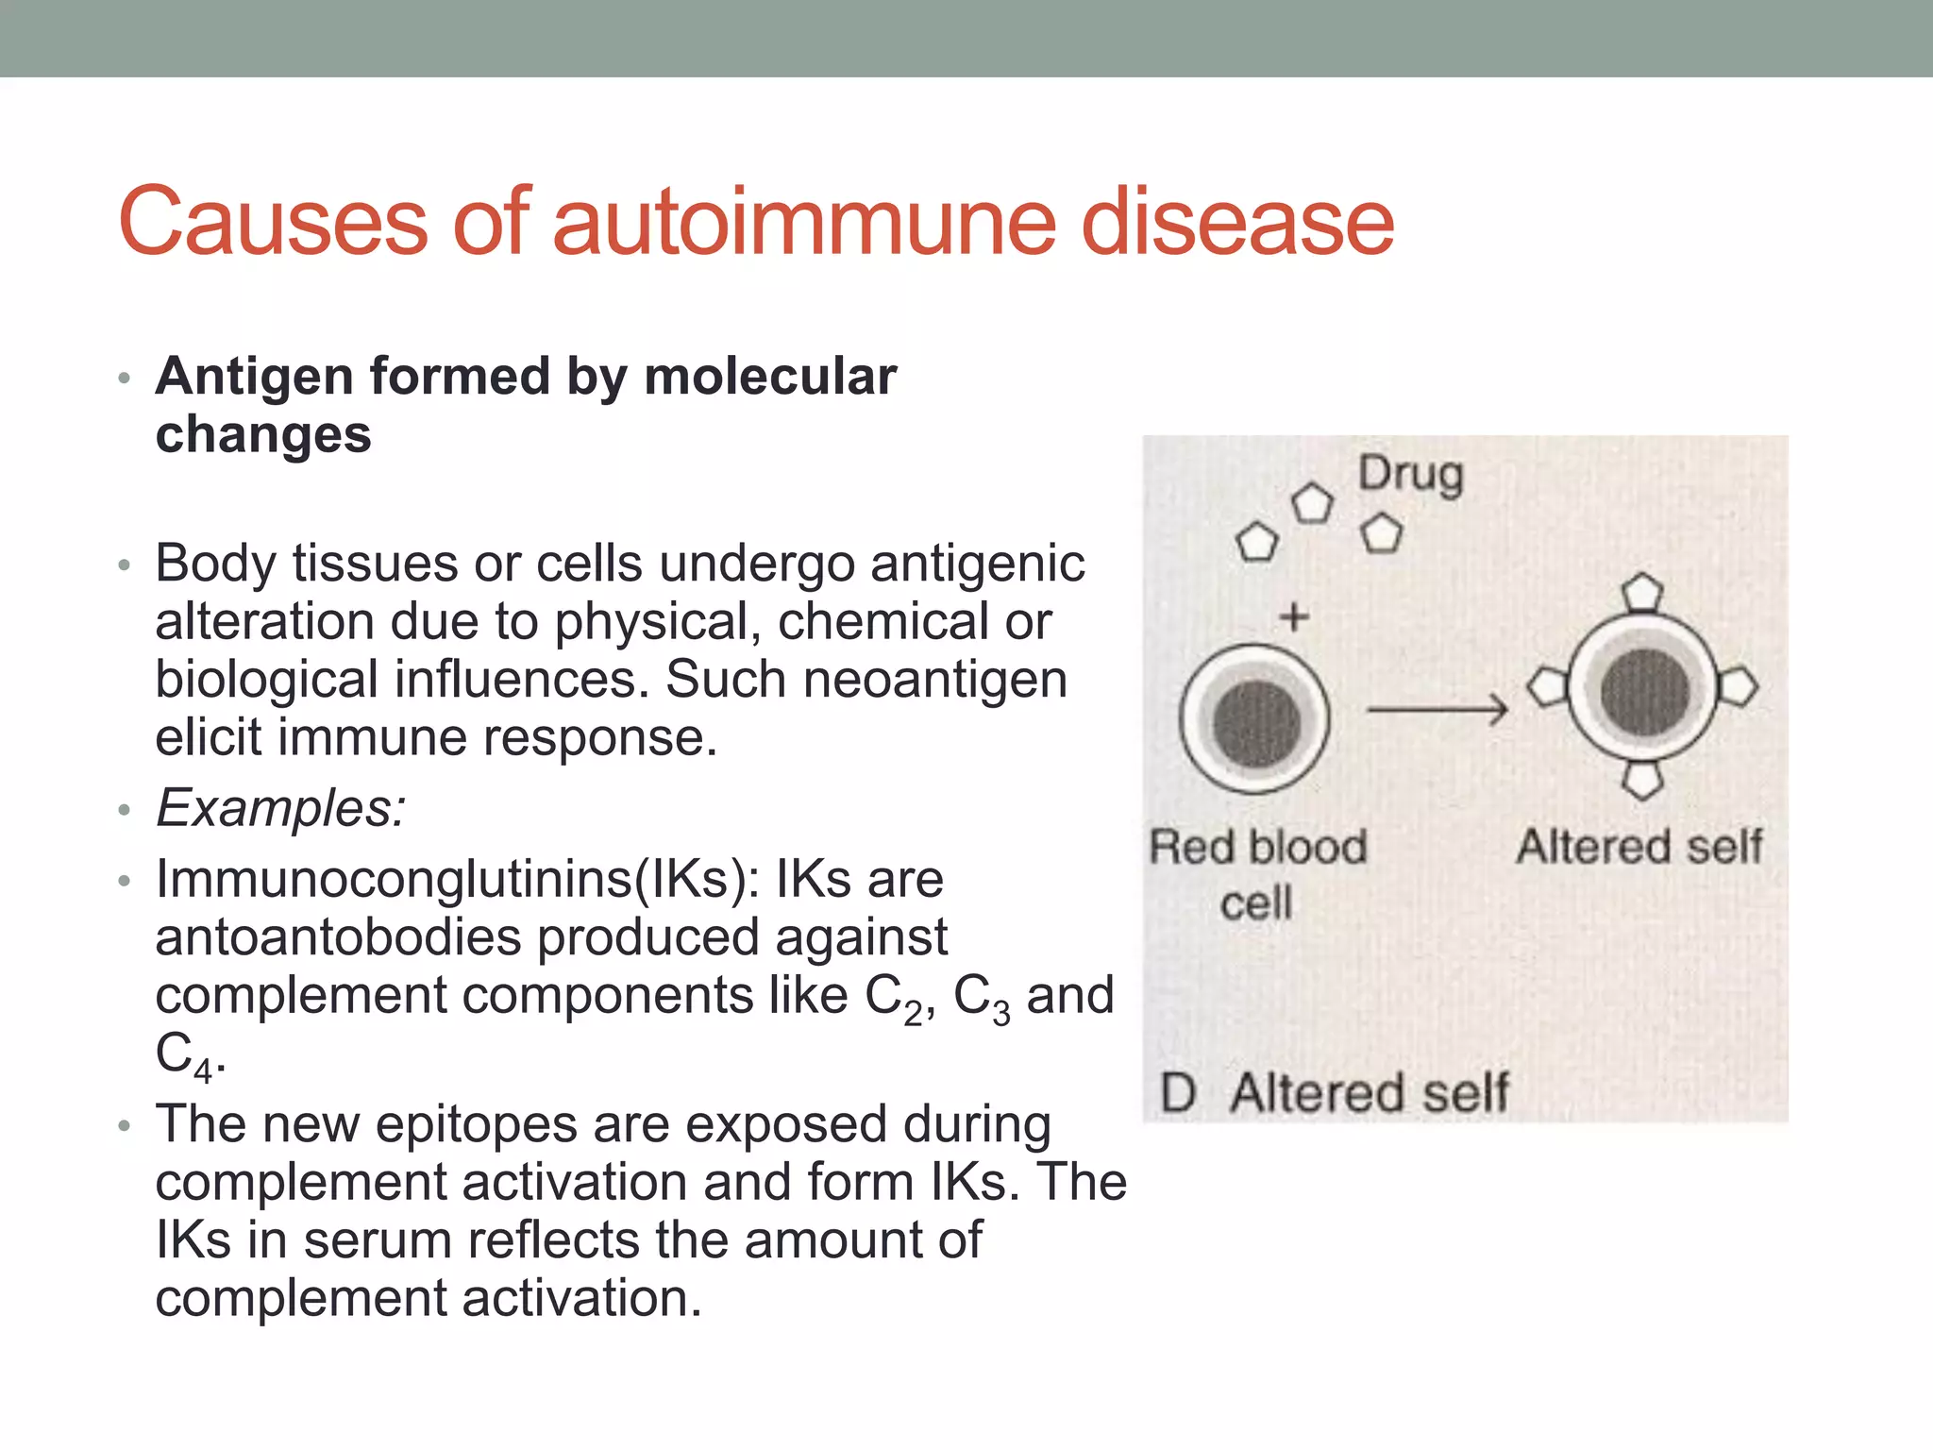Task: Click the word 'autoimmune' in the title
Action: click(x=801, y=223)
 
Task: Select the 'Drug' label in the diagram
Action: click(x=1410, y=475)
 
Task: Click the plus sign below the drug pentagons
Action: click(x=1294, y=618)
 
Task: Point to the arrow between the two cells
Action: click(x=1437, y=708)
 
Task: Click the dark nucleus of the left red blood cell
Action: click(x=1256, y=722)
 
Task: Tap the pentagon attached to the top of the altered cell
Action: click(x=1642, y=592)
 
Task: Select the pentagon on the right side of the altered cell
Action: click(x=1739, y=686)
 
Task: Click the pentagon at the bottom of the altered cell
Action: click(x=1642, y=780)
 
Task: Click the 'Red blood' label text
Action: click(x=1257, y=847)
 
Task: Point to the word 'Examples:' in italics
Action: click(x=280, y=809)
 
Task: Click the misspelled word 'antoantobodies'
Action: click(x=338, y=938)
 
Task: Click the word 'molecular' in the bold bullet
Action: click(x=769, y=377)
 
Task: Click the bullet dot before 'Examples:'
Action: click(x=123, y=811)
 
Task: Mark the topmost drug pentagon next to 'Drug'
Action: click(x=1312, y=503)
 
